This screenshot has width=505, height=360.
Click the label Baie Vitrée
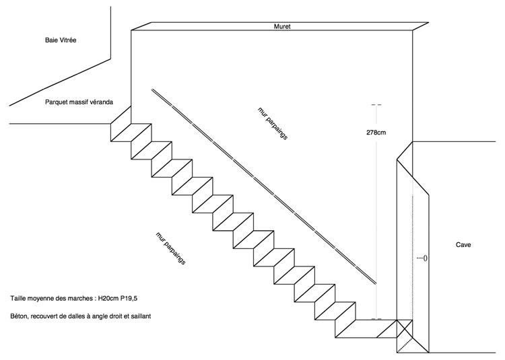[x=61, y=40]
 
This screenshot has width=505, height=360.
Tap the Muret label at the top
[x=282, y=26]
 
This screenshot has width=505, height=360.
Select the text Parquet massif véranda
[x=79, y=102]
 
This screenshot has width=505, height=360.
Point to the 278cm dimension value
[x=376, y=133]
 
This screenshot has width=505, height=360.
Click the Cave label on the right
[x=463, y=245]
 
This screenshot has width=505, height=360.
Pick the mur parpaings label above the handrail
[x=273, y=123]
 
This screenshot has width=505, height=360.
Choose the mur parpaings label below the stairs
[x=171, y=248]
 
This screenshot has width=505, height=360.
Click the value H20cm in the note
[x=108, y=298]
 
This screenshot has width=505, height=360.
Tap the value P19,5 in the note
[x=129, y=298]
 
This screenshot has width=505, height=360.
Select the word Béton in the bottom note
[x=20, y=316]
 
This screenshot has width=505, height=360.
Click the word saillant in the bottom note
[x=141, y=316]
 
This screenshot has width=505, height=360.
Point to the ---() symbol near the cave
[x=422, y=258]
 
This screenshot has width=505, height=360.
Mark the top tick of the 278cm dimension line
[x=376, y=105]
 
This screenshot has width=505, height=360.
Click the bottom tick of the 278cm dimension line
[x=376, y=319]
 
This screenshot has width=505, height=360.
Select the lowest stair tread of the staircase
[x=366, y=328]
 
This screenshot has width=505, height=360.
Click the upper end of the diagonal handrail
[x=152, y=89]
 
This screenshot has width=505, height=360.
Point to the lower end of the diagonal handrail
[x=376, y=284]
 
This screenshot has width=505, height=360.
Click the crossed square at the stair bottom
[x=405, y=328]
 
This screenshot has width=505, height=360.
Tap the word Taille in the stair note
[x=18, y=298]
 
